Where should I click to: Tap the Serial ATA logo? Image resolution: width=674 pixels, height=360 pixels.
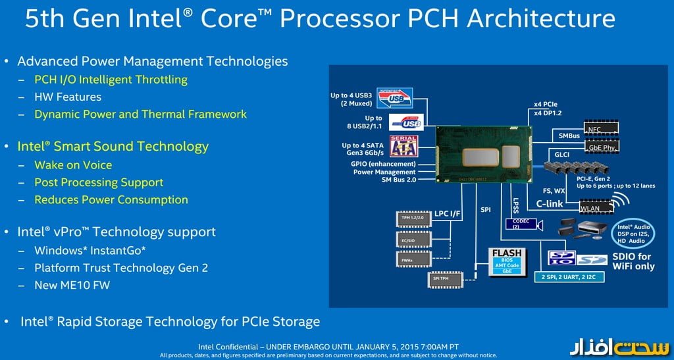[403, 146]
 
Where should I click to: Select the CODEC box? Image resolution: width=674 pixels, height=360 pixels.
[521, 223]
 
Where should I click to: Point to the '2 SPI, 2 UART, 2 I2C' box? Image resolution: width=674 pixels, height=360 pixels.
[570, 276]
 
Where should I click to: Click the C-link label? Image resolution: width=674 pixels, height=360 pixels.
[549, 204]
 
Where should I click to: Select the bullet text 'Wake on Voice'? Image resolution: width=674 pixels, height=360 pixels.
[73, 165]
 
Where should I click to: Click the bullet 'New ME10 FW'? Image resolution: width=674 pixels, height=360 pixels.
[72, 285]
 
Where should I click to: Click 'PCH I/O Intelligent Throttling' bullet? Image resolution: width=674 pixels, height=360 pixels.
[111, 80]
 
